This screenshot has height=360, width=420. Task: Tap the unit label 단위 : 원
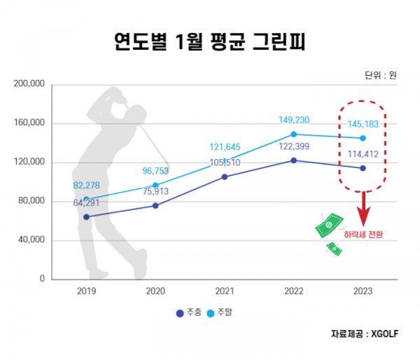[380, 75]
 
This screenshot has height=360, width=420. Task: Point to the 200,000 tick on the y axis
[29, 84]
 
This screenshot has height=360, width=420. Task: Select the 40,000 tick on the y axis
[31, 240]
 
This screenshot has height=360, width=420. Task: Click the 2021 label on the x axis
[225, 290]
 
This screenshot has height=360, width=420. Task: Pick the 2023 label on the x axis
[363, 290]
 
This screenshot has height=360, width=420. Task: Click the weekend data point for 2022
[293, 134]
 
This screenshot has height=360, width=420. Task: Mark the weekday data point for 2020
[155, 205]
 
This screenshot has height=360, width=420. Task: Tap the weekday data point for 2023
[363, 168]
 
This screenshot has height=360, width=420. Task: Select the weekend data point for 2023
[363, 138]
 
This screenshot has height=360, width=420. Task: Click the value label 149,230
[293, 120]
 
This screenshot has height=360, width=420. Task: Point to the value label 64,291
[87, 203]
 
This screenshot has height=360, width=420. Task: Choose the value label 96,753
[155, 169]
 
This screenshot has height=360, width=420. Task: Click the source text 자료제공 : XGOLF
[365, 334]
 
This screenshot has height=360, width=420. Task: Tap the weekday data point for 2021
[225, 176]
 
